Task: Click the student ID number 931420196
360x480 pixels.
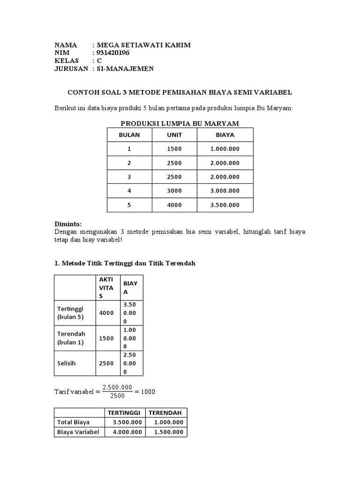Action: tap(113, 53)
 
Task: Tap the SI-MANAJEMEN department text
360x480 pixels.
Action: tap(125, 69)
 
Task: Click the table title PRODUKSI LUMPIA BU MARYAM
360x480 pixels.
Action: tap(180, 123)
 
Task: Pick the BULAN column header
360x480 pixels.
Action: tap(129, 135)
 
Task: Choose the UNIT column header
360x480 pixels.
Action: tap(174, 135)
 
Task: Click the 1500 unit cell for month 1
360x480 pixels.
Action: tap(174, 149)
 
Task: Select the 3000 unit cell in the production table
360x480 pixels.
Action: tap(174, 191)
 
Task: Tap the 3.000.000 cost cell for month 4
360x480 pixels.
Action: tap(225, 191)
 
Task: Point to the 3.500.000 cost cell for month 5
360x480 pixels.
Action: tap(225, 205)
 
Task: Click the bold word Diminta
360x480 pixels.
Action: tap(68, 224)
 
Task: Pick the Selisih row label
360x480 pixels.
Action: tap(67, 363)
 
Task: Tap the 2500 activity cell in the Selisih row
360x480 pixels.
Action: tap(106, 363)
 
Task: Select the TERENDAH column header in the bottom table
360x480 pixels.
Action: tap(166, 412)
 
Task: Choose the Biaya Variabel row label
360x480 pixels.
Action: tap(78, 432)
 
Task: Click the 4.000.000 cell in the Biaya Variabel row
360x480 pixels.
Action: tap(127, 432)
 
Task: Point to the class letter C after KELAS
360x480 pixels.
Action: tap(99, 61)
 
